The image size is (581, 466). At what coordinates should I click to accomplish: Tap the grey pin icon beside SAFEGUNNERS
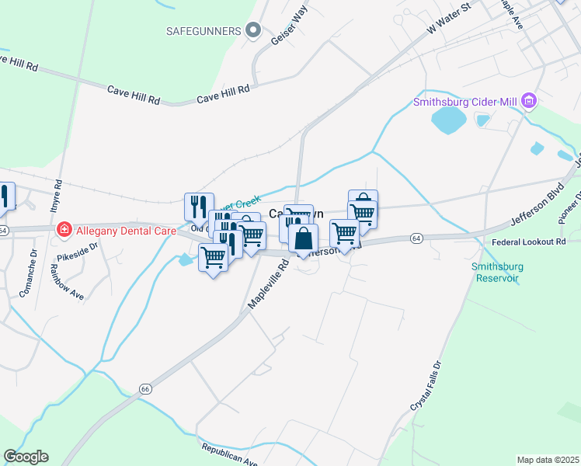252,31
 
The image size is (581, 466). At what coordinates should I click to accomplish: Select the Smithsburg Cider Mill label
466,101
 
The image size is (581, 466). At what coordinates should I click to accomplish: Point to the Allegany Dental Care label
122,230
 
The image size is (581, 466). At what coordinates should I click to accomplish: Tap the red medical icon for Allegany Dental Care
64,230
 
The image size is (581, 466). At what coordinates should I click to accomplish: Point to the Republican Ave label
229,455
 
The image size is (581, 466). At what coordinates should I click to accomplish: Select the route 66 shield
145,388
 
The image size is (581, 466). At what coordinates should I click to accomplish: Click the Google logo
26,457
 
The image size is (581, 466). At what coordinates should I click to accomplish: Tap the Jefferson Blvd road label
538,204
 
